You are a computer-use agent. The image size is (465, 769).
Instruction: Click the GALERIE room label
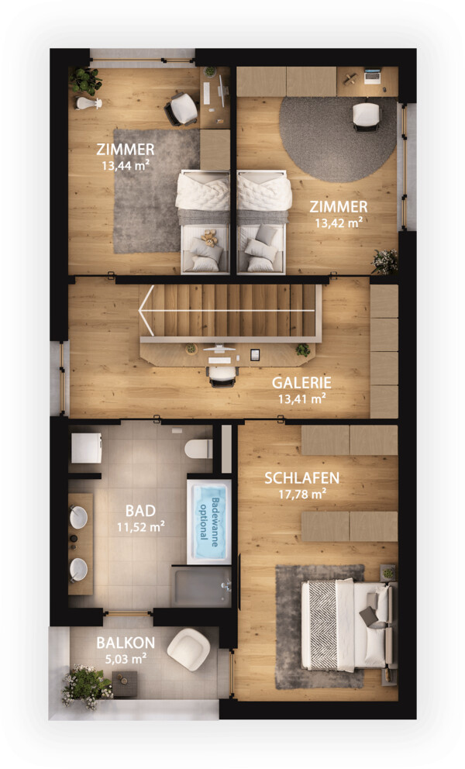pyautogui.click(x=301, y=382)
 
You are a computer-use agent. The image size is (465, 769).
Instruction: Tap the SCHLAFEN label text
pyautogui.click(x=301, y=478)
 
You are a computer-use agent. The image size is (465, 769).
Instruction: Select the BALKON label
pyautogui.click(x=126, y=643)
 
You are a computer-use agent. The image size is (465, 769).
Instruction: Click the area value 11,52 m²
pyautogui.click(x=140, y=527)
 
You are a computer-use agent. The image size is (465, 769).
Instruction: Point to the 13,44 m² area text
pyautogui.click(x=126, y=165)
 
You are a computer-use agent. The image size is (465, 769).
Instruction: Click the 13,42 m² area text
pyautogui.click(x=339, y=223)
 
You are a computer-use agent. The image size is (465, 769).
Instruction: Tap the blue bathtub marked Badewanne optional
pyautogui.click(x=208, y=522)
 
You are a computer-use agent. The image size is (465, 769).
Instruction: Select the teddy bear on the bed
pyautogui.click(x=209, y=237)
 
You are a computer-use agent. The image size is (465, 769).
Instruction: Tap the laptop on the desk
pyautogui.click(x=373, y=77)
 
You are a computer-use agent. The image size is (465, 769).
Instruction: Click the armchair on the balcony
pyautogui.click(x=189, y=650)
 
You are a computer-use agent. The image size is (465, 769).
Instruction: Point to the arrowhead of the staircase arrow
pyautogui.click(x=146, y=310)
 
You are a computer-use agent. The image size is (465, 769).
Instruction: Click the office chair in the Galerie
pyautogui.click(x=222, y=376)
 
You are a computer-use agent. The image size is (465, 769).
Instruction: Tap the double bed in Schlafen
pyautogui.click(x=348, y=626)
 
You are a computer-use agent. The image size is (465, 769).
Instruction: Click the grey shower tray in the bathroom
pyautogui.click(x=201, y=587)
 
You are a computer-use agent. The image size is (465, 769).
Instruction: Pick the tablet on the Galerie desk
pyautogui.click(x=254, y=354)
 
